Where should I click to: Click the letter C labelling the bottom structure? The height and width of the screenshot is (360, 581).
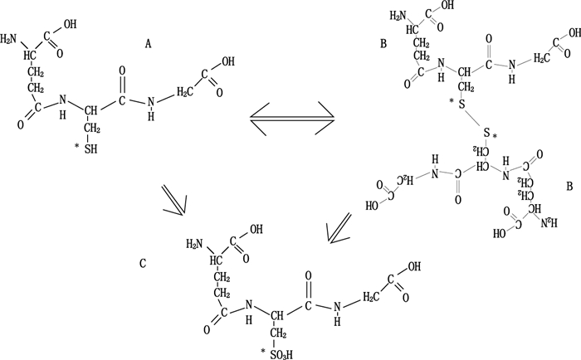pos(144,265)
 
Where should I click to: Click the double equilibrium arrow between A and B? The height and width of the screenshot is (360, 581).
pos(292,121)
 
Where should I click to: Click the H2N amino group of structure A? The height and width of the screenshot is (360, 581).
pos(10,39)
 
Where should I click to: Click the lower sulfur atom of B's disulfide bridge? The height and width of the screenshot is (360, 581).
pos(489,133)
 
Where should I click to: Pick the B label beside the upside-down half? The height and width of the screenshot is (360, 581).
pos(569,187)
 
